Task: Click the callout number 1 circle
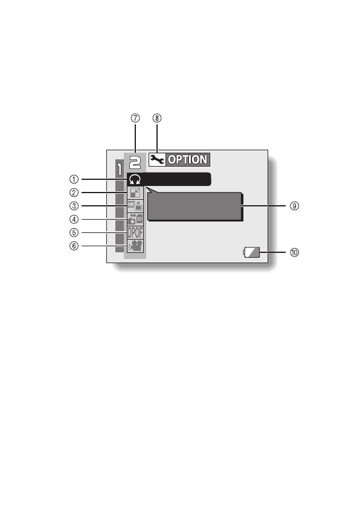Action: click(74, 179)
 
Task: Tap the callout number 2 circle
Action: click(74, 193)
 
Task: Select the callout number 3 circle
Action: click(74, 206)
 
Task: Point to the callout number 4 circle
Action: click(74, 219)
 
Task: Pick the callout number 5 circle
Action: click(74, 232)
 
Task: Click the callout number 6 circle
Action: click(74, 246)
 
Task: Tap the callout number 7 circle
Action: click(135, 118)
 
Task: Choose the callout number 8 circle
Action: click(157, 118)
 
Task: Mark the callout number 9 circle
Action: click(294, 206)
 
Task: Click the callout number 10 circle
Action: click(294, 252)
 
